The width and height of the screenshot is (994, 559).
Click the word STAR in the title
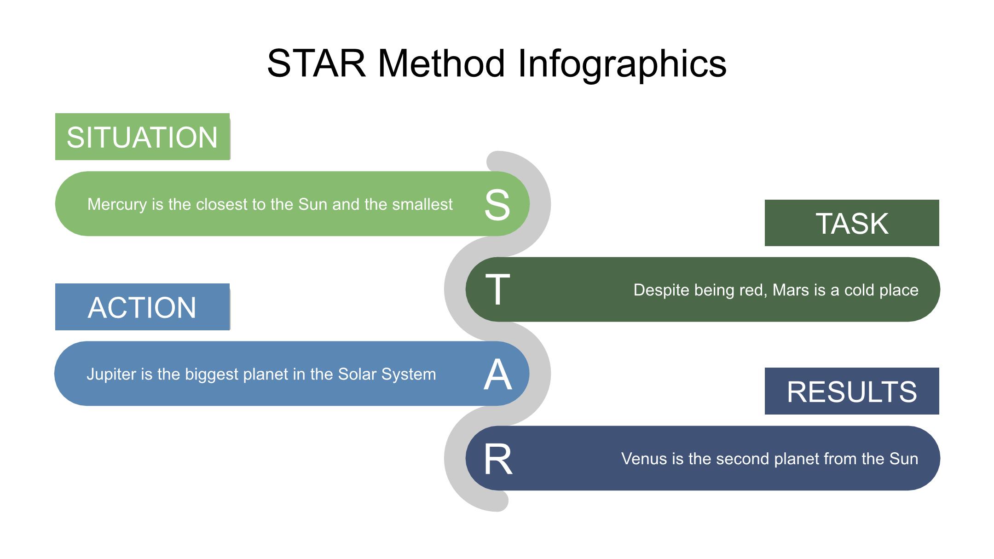[317, 63]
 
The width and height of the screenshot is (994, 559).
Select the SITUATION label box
[143, 137]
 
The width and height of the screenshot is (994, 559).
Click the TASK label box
[852, 223]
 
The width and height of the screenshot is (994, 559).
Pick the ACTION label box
[143, 307]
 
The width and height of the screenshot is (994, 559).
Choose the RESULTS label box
[852, 391]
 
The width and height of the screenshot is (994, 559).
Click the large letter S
[497, 205]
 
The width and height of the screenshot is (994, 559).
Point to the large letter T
[498, 289]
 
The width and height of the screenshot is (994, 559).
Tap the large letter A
[498, 375]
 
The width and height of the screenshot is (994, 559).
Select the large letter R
[498, 459]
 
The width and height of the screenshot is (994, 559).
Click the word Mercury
[117, 205]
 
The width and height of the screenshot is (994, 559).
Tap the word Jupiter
[111, 375]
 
